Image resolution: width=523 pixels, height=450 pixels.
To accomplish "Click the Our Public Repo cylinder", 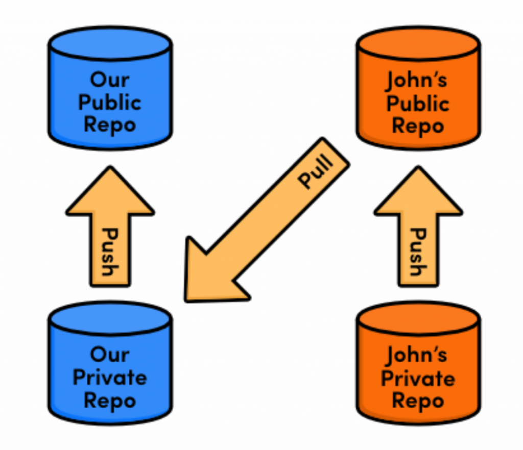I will click(110, 89).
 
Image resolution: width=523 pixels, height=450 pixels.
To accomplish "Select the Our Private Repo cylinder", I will click(110, 365).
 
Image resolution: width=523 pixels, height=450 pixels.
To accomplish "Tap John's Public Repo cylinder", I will click(418, 89).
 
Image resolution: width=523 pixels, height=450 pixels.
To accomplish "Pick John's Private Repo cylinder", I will click(418, 365).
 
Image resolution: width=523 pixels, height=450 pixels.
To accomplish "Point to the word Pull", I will click(316, 172).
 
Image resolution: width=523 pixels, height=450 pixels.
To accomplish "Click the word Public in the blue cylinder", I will click(109, 103).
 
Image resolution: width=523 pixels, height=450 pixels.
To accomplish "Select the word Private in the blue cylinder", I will click(109, 378).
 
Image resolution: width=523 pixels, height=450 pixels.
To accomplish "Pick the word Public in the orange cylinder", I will click(417, 104).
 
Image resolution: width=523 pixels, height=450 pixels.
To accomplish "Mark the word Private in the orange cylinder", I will click(417, 379).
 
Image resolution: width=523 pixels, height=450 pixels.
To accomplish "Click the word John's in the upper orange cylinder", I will click(417, 80).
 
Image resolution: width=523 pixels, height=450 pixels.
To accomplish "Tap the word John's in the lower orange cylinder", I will click(417, 355).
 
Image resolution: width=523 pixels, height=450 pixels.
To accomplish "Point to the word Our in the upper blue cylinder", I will click(109, 80).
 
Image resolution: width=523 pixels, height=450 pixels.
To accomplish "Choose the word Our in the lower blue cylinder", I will click(109, 354).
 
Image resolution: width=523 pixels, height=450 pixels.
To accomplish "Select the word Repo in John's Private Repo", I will click(417, 401).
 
